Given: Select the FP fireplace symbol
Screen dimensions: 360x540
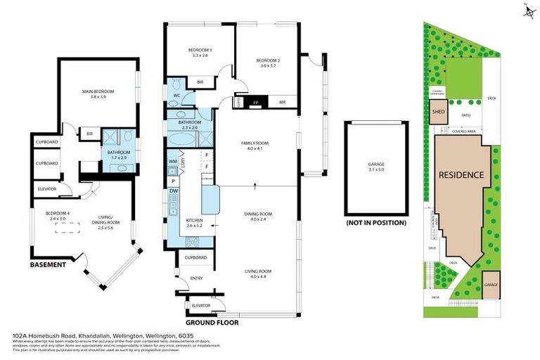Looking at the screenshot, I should click(x=255, y=102).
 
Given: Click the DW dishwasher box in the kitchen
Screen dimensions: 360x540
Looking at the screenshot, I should click(x=173, y=191).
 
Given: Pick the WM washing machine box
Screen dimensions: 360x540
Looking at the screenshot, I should click(x=173, y=162).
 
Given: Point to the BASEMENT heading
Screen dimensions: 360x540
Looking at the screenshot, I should click(x=48, y=266).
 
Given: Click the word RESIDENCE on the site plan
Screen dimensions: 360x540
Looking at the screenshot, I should click(x=461, y=174).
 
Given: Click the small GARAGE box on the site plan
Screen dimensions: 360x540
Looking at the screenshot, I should click(x=491, y=284).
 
